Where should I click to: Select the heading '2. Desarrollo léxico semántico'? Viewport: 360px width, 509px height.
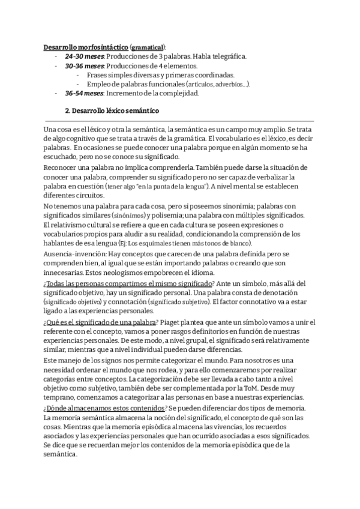point(112,112)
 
